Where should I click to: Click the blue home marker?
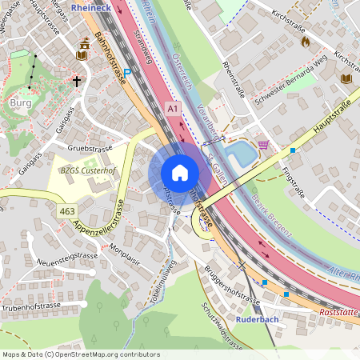(x=180, y=172)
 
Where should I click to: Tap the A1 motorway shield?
(x=174, y=106)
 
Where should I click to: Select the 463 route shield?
(x=67, y=211)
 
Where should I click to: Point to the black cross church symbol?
(x=77, y=81)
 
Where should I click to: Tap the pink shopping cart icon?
(x=262, y=144)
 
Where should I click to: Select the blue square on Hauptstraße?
(x=294, y=150)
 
